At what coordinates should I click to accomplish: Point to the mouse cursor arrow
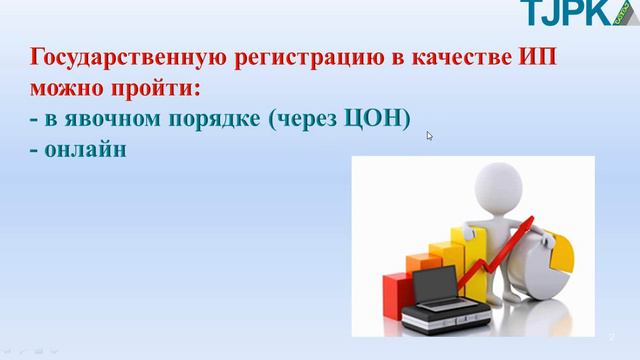(430, 136)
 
